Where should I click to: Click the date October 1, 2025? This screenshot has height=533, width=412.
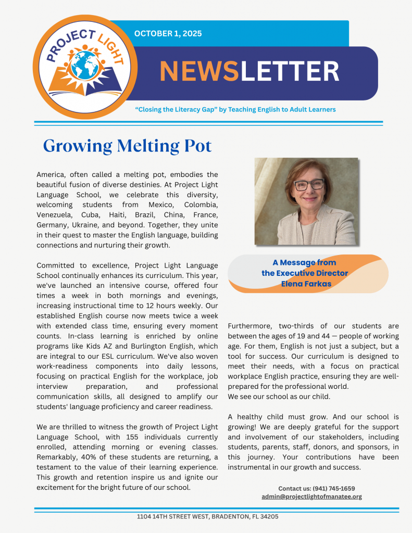(168, 34)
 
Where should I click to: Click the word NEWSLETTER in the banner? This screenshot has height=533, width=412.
(249, 72)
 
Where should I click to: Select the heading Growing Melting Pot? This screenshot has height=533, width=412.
(127, 146)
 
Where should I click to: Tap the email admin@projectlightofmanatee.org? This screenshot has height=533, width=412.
(311, 497)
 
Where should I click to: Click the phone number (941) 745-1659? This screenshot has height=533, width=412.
(333, 488)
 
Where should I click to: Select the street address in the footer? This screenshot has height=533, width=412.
(207, 517)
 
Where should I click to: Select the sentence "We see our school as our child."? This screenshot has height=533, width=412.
(279, 397)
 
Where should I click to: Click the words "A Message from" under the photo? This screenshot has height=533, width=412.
(304, 263)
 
